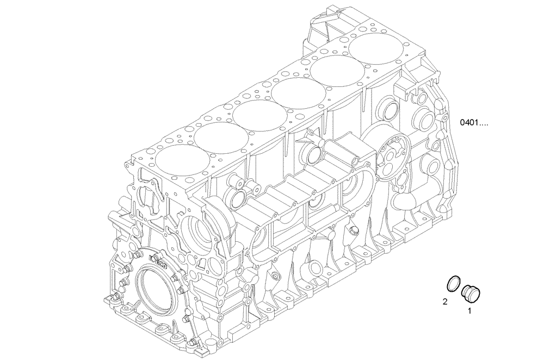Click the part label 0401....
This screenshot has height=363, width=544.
(x=474, y=123)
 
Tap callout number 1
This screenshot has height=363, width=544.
(x=470, y=311)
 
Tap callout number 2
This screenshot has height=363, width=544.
(x=445, y=301)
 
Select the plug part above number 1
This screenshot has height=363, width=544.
(x=468, y=292)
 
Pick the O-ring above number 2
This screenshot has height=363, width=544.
(x=453, y=284)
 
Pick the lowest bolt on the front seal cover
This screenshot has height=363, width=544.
(x=193, y=343)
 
